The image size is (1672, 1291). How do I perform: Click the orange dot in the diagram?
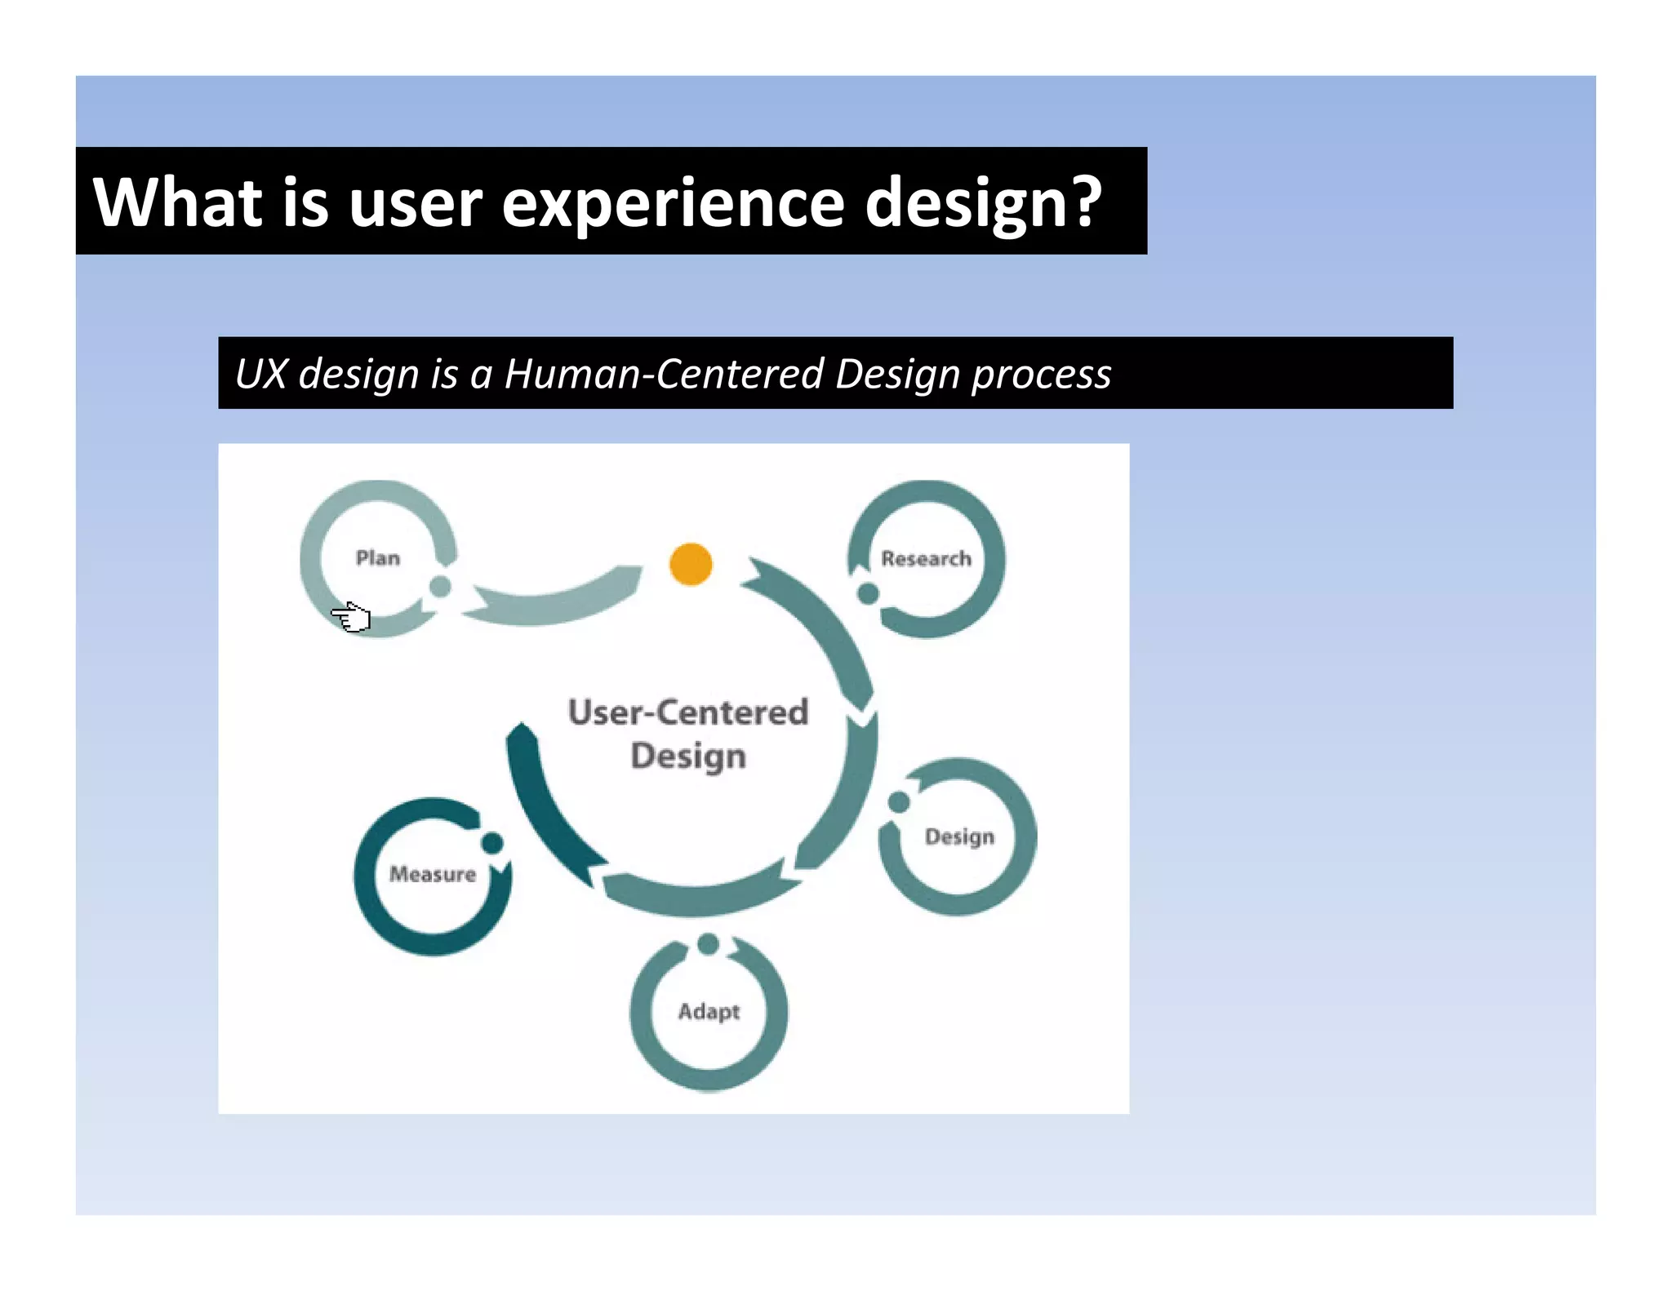coord(691,564)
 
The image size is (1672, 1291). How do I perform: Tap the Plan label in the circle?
coord(378,558)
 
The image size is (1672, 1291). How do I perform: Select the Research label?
coord(926,559)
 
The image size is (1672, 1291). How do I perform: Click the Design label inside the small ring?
coord(959,837)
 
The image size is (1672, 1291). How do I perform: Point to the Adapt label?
coord(709,1012)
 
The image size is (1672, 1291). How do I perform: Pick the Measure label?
coord(433,874)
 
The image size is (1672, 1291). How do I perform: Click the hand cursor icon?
coord(352,616)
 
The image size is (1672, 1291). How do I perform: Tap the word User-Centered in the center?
coord(688,712)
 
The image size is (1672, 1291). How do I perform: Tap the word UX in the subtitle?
coord(261,374)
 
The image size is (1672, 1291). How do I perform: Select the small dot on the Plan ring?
coord(440,586)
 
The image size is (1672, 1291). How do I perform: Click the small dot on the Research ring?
coord(869,593)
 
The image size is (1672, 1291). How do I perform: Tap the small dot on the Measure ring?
coord(492,842)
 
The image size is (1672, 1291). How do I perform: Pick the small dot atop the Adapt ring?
coord(708,944)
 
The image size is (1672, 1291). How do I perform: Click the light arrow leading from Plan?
coord(555,601)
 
